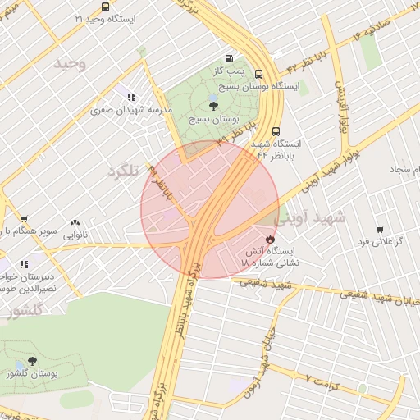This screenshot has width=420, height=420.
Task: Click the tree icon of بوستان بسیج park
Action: pyautogui.click(x=213, y=104)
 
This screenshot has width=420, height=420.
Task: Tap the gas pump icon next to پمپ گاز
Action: pyautogui.click(x=227, y=59)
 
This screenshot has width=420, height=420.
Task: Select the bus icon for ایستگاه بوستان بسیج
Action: pyautogui.click(x=259, y=73)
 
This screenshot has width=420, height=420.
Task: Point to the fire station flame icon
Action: pyautogui.click(x=270, y=231)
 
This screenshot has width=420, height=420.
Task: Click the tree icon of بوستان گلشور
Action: pyautogui.click(x=32, y=361)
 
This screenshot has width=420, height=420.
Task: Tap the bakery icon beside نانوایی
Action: pyautogui.click(x=75, y=222)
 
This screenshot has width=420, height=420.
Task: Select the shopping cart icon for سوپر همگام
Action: pyautogui.click(x=24, y=219)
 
